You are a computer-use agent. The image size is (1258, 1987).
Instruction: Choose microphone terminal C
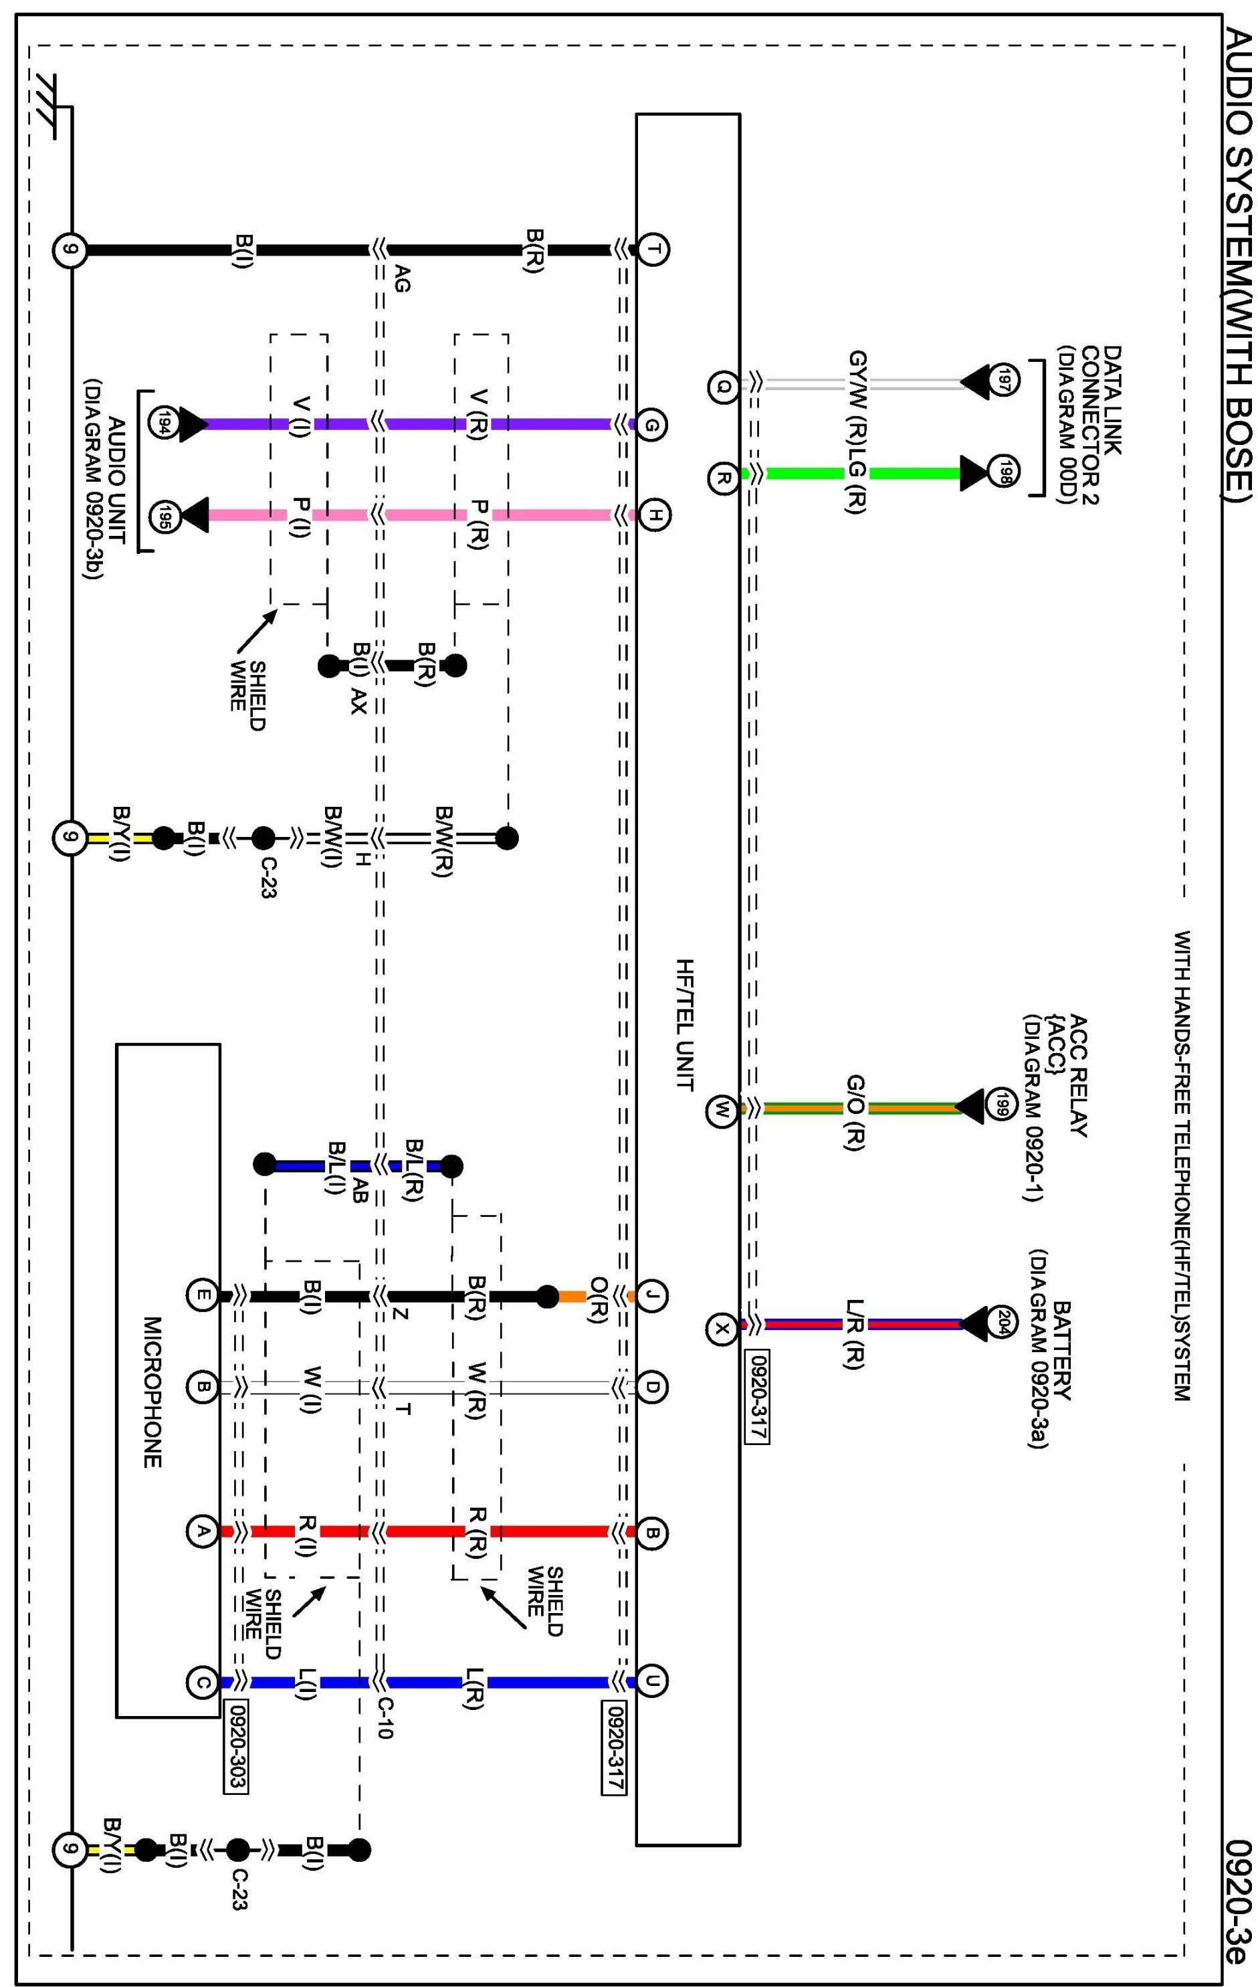(202, 1683)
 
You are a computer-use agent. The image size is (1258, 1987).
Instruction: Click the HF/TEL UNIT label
(684, 1024)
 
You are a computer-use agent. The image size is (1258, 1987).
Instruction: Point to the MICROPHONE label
(152, 1392)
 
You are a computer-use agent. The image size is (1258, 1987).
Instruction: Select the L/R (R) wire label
(855, 1335)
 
